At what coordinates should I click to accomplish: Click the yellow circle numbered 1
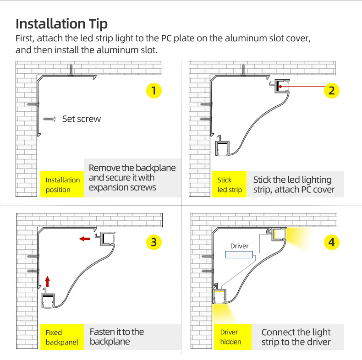[154, 91]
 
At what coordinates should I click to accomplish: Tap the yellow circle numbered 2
[331, 91]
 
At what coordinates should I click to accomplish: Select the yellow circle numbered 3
[154, 242]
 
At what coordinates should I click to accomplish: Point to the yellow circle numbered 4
[331, 242]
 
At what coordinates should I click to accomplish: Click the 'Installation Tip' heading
[62, 24]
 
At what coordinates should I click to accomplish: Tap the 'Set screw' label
[82, 119]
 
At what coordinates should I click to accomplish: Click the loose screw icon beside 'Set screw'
[49, 119]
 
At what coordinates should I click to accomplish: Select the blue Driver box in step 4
[239, 255]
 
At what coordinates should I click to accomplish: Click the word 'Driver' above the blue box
[239, 246]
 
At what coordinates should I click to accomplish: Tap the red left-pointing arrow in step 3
[84, 239]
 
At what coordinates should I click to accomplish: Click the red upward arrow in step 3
[47, 281]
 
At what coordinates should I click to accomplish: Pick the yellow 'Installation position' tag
[62, 185]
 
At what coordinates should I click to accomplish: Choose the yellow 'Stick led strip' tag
[229, 185]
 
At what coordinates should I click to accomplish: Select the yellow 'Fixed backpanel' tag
[62, 337]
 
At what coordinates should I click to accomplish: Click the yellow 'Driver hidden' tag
[233, 337]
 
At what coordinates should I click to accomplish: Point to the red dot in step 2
[280, 87]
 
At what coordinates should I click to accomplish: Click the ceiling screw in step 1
[71, 70]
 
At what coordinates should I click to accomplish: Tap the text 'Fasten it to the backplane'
[117, 337]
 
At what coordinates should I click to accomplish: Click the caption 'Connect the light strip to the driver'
[296, 337]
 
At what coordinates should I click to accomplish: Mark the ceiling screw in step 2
[243, 70]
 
